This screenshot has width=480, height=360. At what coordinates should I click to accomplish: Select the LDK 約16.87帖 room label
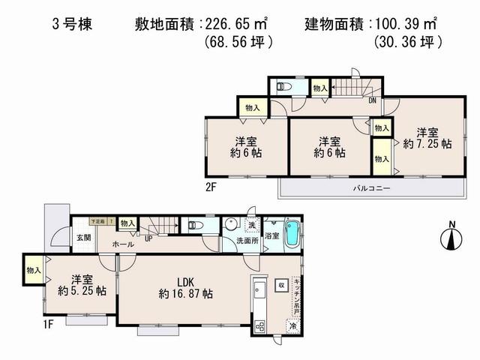point(185,288)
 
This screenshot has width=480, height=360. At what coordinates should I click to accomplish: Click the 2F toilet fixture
point(283,87)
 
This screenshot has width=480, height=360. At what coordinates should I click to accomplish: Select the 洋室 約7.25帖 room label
point(425,135)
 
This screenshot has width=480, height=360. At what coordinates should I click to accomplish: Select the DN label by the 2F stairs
point(371,100)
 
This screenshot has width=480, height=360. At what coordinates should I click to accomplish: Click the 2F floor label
point(212,184)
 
